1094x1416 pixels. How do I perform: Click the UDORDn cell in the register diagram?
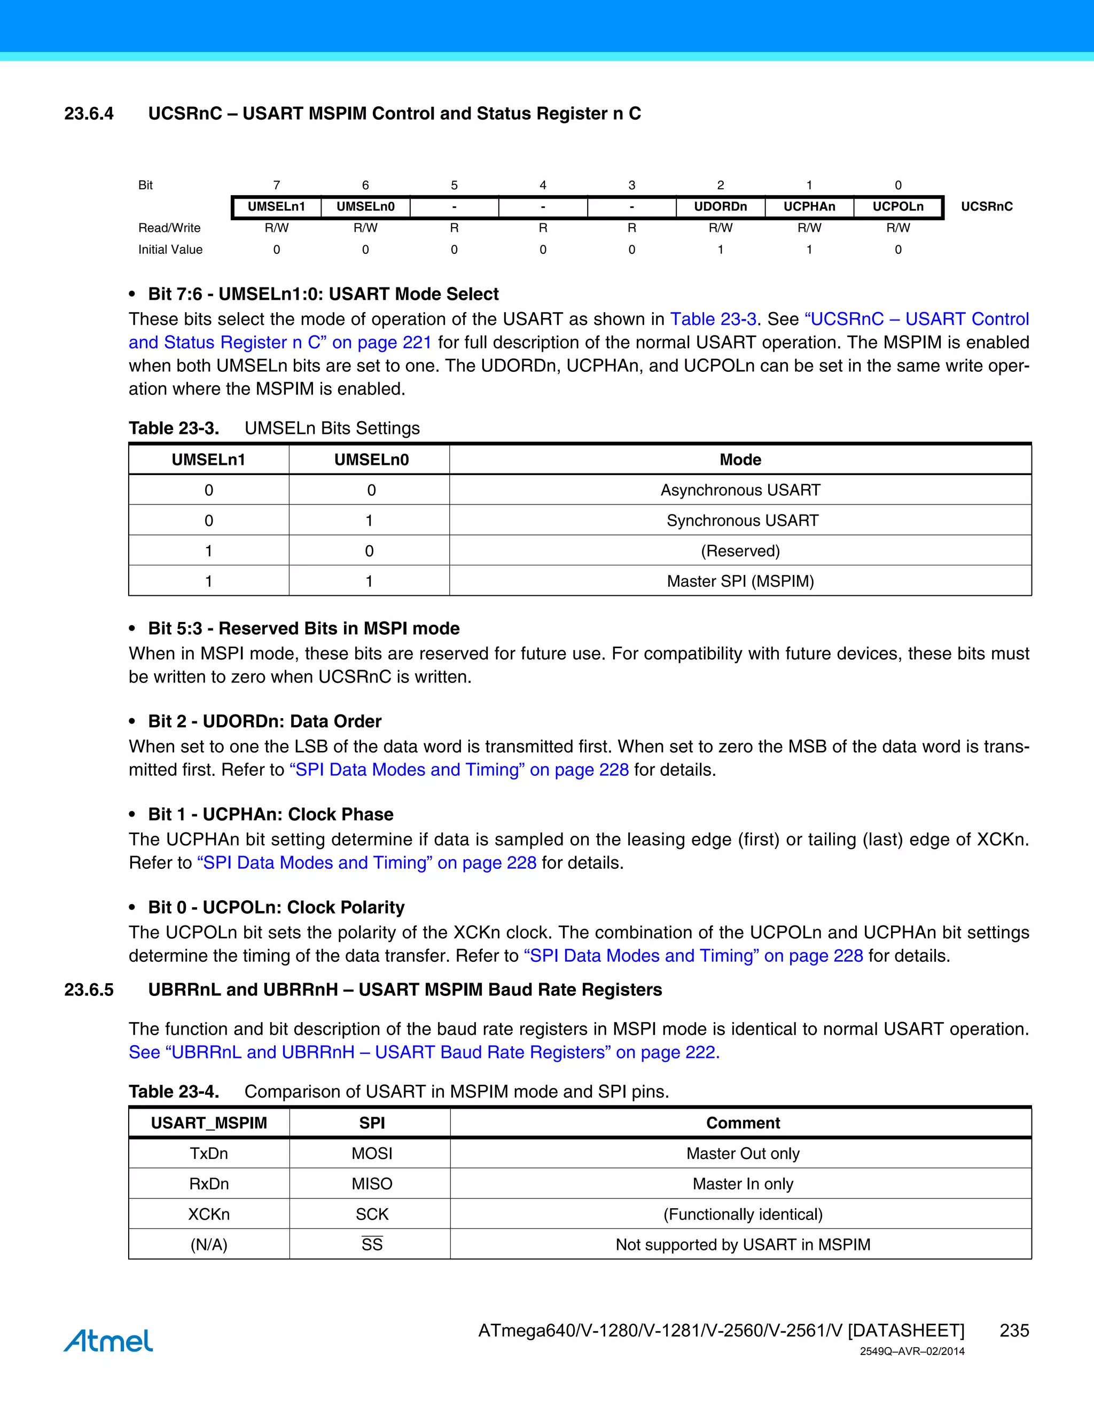tap(720, 207)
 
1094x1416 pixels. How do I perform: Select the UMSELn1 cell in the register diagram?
tap(276, 207)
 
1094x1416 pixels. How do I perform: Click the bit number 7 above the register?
tap(277, 185)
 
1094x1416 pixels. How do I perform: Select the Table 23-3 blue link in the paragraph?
tap(713, 319)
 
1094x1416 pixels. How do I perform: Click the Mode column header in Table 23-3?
tap(740, 460)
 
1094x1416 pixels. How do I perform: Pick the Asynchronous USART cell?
tap(740, 490)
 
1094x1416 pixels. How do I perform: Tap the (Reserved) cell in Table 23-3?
tap(740, 551)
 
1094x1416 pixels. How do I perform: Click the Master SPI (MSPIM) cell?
tap(740, 581)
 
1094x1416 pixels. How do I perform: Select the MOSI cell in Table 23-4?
tap(372, 1154)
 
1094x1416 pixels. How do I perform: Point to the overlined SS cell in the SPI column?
tap(372, 1244)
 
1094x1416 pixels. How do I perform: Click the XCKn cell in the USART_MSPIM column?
tap(209, 1213)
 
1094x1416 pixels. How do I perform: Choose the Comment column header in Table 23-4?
tap(743, 1123)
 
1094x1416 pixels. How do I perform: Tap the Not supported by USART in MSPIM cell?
tap(743, 1244)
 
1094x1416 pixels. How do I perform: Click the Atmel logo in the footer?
tap(108, 1340)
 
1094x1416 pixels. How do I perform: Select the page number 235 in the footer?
tap(1014, 1331)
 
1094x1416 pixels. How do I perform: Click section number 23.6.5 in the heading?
tap(89, 990)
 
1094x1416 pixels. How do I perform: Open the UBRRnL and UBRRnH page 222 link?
tap(424, 1052)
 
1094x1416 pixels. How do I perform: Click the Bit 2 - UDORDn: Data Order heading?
tap(264, 721)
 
